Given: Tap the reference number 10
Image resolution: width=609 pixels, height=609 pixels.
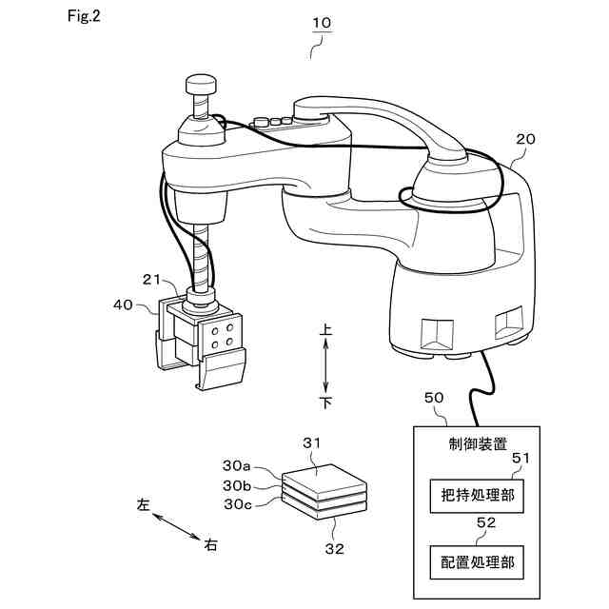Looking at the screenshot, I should click(322, 21).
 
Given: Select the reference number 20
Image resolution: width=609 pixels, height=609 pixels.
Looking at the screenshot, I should click(525, 139).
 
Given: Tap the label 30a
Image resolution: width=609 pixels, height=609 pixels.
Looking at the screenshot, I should click(237, 466).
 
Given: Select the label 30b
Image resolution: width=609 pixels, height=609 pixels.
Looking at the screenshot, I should click(237, 484).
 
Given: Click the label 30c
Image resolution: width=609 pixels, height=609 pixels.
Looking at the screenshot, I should click(237, 503).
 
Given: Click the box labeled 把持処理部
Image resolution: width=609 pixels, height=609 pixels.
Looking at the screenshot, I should click(478, 496).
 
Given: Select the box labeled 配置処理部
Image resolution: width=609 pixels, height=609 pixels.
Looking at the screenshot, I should click(478, 561).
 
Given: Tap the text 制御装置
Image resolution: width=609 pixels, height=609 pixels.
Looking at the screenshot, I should click(478, 443).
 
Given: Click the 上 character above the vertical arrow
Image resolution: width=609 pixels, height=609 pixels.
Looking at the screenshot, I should click(325, 329).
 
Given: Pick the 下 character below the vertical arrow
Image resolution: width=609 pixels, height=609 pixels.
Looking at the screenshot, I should click(325, 403).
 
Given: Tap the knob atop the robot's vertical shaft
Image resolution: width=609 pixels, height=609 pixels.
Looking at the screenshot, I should click(201, 87).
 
